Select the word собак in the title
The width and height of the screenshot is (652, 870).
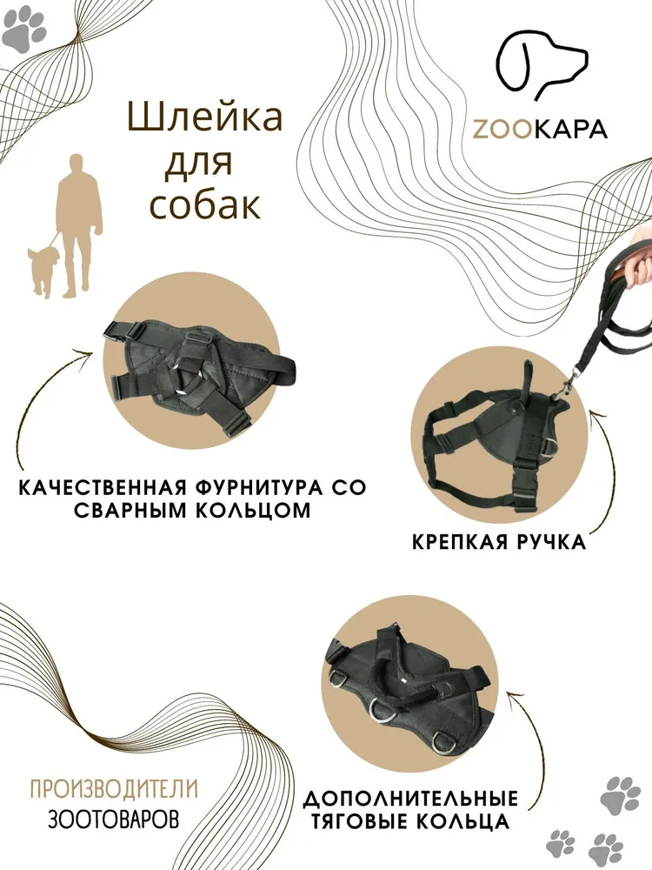click(205, 204)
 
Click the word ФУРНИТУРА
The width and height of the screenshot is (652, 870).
click(263, 488)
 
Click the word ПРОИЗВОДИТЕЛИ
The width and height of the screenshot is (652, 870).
click(114, 788)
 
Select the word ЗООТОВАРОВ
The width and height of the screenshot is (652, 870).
click(114, 819)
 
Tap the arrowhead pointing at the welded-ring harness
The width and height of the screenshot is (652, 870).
click(90, 353)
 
